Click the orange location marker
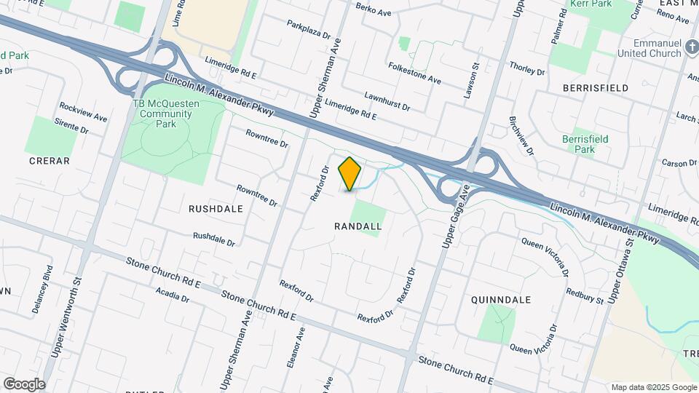coord(350,173)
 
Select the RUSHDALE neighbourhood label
coord(216,208)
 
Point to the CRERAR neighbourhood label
coord(49,160)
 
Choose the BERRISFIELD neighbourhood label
coord(596,87)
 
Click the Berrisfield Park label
coord(585,144)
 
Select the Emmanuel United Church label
coord(647,48)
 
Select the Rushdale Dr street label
coord(214,239)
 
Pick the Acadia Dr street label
coord(173,294)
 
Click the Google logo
coord(24,384)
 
